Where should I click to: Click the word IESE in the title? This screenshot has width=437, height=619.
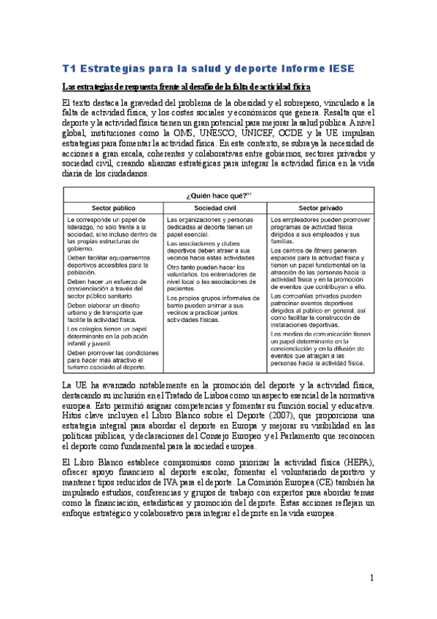pos(339,69)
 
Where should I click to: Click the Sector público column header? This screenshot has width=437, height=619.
pos(115,207)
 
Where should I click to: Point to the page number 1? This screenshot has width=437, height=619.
pos(371,578)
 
